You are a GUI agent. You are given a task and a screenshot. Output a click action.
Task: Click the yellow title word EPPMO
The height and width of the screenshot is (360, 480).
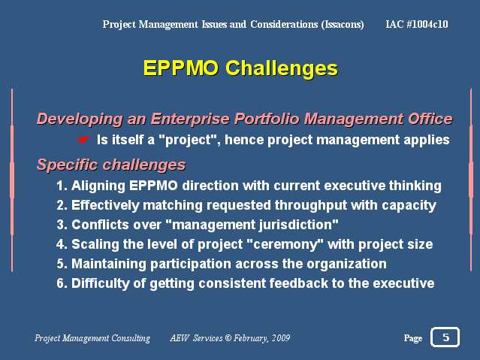click(x=180, y=68)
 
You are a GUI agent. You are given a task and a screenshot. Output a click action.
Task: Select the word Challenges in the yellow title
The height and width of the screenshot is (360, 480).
click(x=282, y=68)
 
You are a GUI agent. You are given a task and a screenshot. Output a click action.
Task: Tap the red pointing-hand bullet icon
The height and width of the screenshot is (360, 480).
click(x=83, y=140)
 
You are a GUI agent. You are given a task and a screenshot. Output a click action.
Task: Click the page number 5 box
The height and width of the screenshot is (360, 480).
click(x=445, y=337)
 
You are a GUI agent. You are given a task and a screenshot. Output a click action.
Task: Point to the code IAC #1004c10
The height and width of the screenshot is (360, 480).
click(x=417, y=24)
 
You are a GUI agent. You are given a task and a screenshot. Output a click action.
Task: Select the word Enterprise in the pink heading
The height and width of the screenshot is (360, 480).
click(x=190, y=119)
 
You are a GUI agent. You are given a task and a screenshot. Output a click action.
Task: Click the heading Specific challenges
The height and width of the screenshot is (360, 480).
click(x=111, y=165)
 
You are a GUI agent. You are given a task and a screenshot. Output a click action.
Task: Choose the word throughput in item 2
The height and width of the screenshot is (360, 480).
click(x=311, y=206)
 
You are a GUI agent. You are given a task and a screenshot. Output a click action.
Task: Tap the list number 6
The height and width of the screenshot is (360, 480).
click(x=60, y=283)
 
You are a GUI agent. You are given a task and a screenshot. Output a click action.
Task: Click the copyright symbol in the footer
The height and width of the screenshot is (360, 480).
click(x=228, y=338)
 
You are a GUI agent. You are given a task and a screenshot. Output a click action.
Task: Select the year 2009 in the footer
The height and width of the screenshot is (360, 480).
click(x=281, y=338)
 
